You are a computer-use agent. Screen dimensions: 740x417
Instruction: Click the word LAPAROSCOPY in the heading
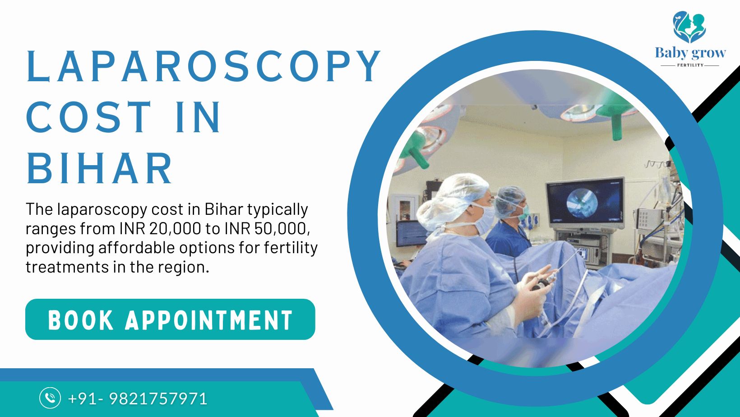(x=203, y=66)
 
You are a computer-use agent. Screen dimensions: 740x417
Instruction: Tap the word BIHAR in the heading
(x=99, y=168)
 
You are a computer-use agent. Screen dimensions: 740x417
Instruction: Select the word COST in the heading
(x=88, y=117)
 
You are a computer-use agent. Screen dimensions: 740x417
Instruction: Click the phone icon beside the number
(x=50, y=398)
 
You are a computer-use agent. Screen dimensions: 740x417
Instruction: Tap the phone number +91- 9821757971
(x=138, y=398)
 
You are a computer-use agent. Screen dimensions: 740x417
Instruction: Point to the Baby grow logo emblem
(x=689, y=27)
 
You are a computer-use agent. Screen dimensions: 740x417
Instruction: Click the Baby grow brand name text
(x=690, y=53)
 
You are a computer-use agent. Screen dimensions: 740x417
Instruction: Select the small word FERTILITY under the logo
(x=690, y=65)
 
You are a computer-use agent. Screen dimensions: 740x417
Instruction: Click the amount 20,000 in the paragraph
(x=175, y=229)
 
